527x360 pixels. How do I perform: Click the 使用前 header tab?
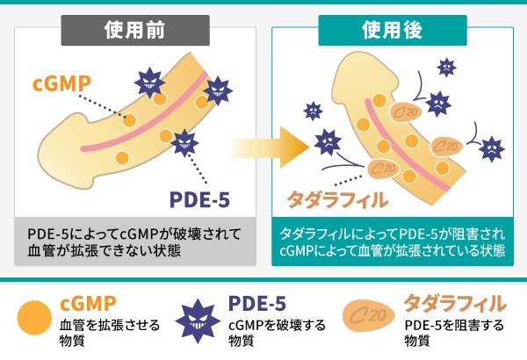pos(134,30)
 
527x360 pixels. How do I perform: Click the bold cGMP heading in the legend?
pos(88,304)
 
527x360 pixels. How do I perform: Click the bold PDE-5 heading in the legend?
pos(257,304)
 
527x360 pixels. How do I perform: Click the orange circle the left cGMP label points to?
pos(129,119)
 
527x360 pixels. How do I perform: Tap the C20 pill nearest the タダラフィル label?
pos(382,166)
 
